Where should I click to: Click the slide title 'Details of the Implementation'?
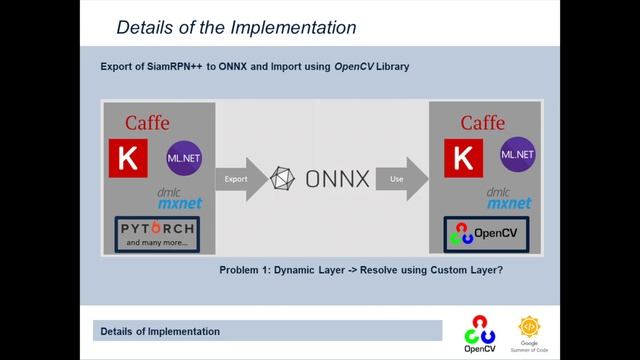[236, 26]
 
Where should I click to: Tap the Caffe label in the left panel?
[147, 123]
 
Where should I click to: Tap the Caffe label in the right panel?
[482, 123]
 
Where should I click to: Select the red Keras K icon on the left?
[127, 158]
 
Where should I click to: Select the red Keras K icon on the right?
[462, 158]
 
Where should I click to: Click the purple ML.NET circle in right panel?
[517, 155]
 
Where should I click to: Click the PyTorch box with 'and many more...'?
[155, 234]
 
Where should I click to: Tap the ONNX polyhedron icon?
[285, 180]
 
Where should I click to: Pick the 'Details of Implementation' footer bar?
[267, 331]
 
